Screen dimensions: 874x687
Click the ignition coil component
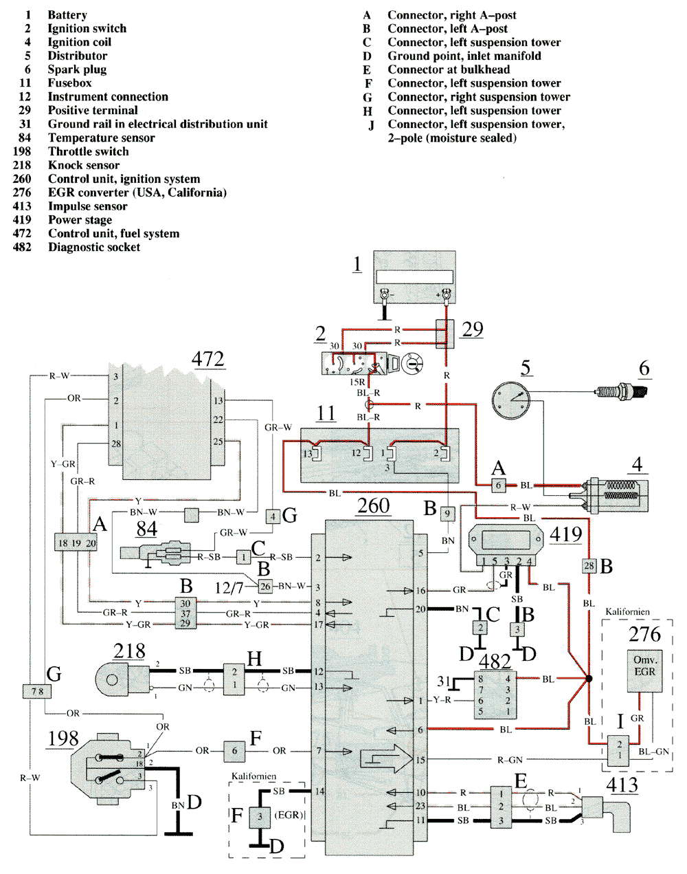(x=615, y=494)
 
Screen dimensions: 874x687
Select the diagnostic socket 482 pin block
(x=497, y=695)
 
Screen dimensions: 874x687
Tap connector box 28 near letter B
(x=589, y=566)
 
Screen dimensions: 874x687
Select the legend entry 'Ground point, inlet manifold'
(x=464, y=56)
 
